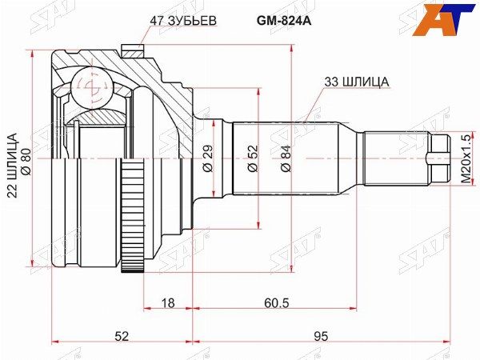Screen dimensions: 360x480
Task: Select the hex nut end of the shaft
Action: (436, 158)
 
